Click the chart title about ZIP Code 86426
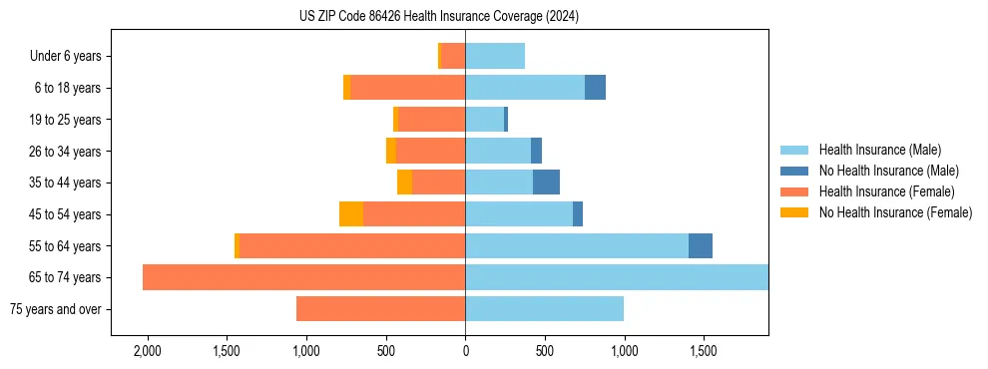(x=439, y=17)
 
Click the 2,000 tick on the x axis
(x=147, y=352)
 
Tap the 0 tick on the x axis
(x=465, y=352)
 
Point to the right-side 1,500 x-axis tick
(x=703, y=352)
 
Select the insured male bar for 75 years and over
(x=544, y=309)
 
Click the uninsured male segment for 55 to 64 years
(x=701, y=246)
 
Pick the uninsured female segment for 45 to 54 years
(x=351, y=214)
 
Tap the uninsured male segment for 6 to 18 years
(x=595, y=88)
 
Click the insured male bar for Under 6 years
(x=495, y=56)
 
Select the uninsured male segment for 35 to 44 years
(x=546, y=183)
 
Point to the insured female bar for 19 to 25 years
(x=432, y=120)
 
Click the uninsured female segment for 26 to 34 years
(x=391, y=151)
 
